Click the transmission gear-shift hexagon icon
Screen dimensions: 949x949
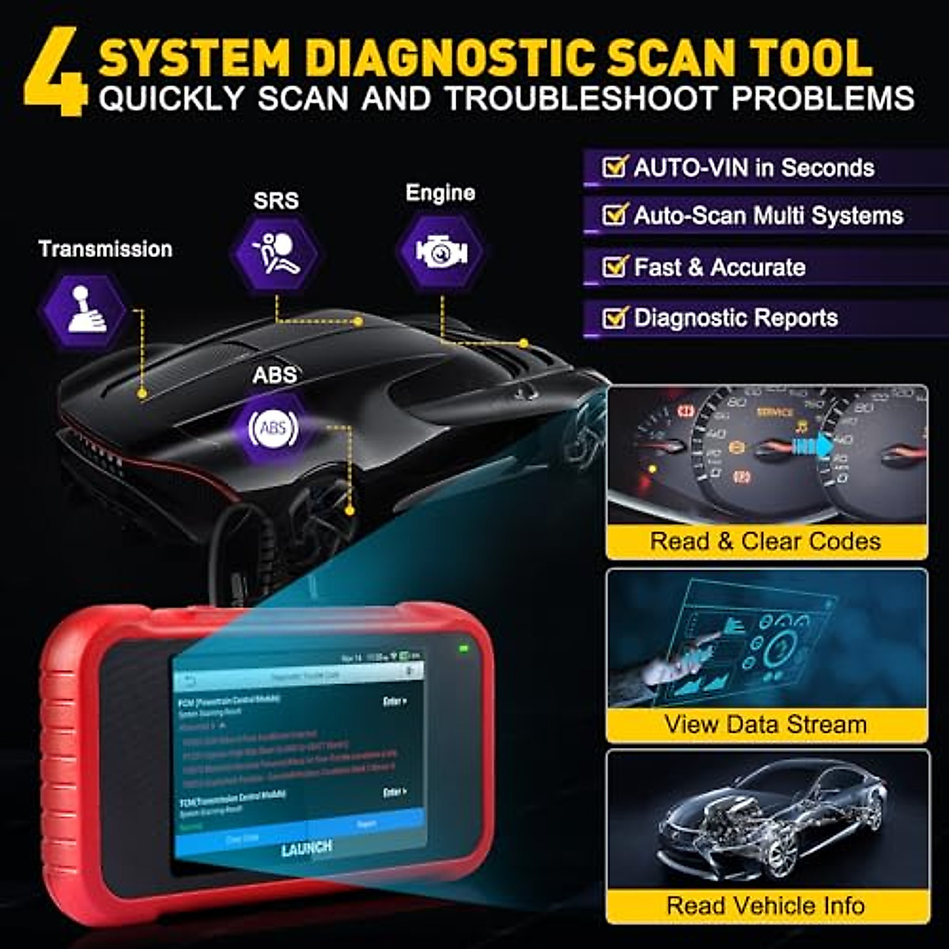(x=83, y=310)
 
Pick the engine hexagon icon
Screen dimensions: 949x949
(x=441, y=251)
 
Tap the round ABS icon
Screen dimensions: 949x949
(x=273, y=429)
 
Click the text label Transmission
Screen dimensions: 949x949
(x=105, y=249)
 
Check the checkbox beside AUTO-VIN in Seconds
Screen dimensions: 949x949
(x=614, y=167)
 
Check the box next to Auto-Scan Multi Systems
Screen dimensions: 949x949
(x=614, y=215)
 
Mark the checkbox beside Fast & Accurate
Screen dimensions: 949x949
(x=614, y=267)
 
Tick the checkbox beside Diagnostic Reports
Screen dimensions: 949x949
(x=614, y=318)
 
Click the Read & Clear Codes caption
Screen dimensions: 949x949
(x=766, y=542)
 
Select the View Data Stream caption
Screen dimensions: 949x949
(x=766, y=724)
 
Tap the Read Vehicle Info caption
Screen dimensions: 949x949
(x=766, y=906)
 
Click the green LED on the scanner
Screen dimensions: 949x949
(x=463, y=649)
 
